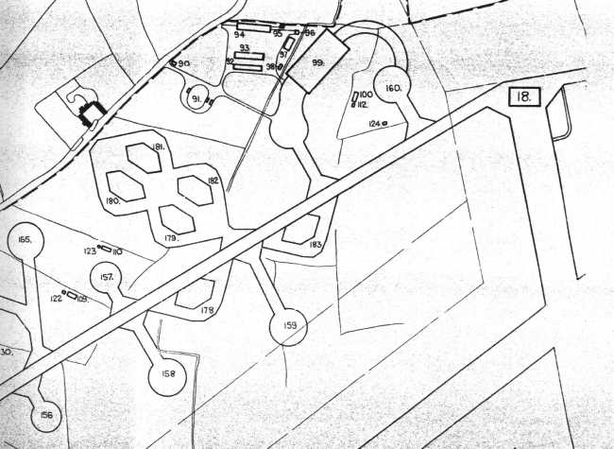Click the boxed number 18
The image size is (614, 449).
tap(522, 96)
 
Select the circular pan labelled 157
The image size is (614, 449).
tap(107, 278)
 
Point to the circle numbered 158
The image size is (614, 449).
tap(168, 373)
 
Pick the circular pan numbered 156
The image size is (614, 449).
tap(45, 413)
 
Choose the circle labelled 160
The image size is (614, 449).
tap(392, 88)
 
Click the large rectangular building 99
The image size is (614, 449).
tap(318, 61)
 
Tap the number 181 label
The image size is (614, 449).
tap(158, 148)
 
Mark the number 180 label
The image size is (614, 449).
tap(111, 201)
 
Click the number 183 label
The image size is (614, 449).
tap(316, 245)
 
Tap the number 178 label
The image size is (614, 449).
tap(206, 310)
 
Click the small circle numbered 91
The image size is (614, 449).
tap(196, 99)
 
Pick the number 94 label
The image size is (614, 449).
tap(240, 32)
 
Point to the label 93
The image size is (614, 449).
tap(244, 46)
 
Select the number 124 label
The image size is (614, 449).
tap(374, 124)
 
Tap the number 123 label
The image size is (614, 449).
tap(91, 251)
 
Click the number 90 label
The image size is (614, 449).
tap(184, 63)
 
